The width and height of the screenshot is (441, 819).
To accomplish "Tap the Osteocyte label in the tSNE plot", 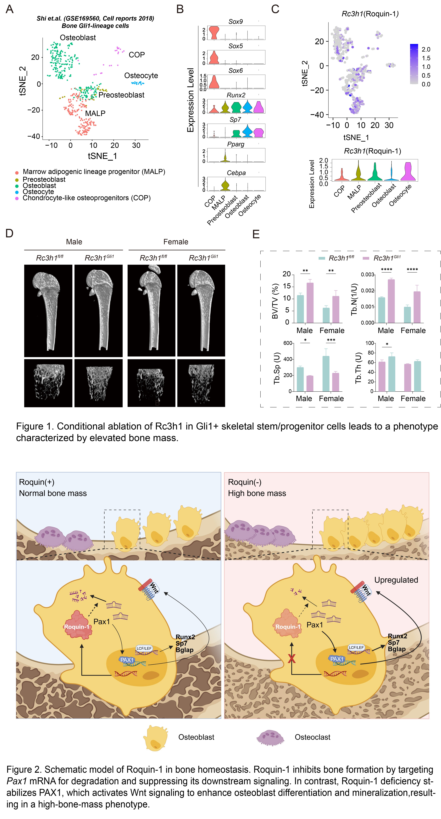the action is tap(141, 76).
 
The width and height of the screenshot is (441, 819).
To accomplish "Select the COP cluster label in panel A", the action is tap(137, 55).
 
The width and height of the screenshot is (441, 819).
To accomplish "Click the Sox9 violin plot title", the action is tap(236, 22).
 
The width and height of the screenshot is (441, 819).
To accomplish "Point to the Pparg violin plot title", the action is tap(236, 144).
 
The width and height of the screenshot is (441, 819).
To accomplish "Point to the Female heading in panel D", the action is tap(176, 242).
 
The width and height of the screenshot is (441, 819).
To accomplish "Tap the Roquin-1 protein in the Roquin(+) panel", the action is tap(77, 625).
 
